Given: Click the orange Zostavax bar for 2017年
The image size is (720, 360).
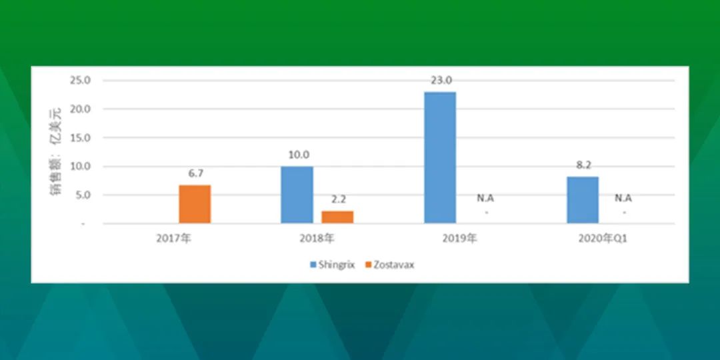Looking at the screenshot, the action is [195, 205].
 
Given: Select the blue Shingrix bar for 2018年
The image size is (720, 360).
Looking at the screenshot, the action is [297, 195].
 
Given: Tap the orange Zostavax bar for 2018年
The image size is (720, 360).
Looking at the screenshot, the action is [337, 217].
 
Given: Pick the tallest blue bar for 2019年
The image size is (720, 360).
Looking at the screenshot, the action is [440, 157].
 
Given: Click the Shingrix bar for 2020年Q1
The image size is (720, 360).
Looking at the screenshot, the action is [583, 200].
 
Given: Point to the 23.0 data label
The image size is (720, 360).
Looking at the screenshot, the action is [441, 81].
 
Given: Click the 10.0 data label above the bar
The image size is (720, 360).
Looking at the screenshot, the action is [299, 155].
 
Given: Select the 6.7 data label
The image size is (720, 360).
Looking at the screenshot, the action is [195, 173].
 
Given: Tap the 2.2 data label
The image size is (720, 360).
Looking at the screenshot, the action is [339, 199].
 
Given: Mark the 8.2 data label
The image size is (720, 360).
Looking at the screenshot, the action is [583, 165].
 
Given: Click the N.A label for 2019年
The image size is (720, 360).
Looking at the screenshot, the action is [485, 199].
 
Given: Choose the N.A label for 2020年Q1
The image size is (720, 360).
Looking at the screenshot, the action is [623, 199].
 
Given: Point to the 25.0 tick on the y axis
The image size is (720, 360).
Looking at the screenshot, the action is [80, 81].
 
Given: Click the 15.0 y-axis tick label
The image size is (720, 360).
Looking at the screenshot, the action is [80, 138].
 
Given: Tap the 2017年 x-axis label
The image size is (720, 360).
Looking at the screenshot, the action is [173, 239].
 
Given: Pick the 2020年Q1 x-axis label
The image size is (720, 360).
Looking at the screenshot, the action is [603, 239].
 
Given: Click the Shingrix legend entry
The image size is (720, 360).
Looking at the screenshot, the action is [333, 265].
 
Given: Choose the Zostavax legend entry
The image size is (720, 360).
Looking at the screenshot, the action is [390, 265].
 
